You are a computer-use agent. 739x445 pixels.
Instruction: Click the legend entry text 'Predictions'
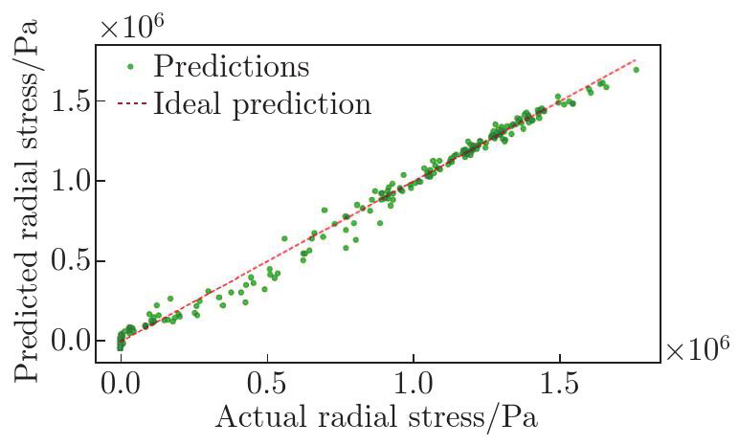[x=231, y=66]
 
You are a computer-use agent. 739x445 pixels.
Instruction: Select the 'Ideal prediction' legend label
[x=262, y=102]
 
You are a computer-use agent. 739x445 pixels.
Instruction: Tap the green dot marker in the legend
[x=130, y=67]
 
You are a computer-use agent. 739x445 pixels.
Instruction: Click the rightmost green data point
[x=637, y=70]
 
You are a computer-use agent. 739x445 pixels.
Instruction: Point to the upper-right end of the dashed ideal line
[x=637, y=59]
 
